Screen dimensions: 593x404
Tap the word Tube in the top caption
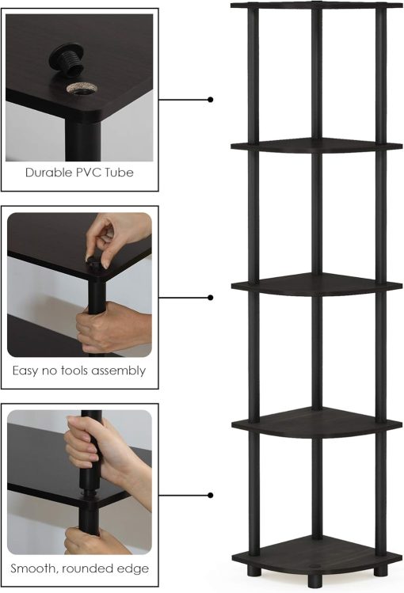tap(119, 172)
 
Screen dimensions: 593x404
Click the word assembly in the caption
tap(119, 371)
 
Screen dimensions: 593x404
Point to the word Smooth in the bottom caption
tap(35, 568)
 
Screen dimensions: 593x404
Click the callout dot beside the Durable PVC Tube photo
tap(210, 100)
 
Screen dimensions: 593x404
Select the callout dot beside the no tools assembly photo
tap(210, 298)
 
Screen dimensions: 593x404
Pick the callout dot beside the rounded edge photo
tap(210, 496)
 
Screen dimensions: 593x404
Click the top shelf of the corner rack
tap(317, 7)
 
